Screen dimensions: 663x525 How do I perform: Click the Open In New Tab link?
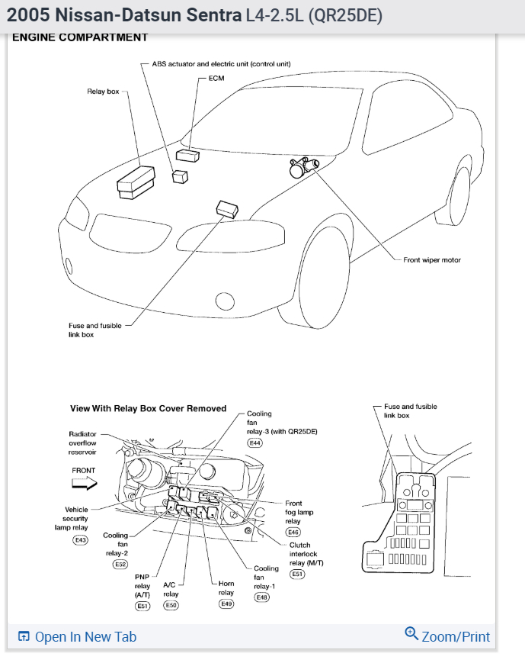point(76,636)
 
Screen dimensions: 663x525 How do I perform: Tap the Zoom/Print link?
point(448,636)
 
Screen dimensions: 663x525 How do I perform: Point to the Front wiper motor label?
point(431,260)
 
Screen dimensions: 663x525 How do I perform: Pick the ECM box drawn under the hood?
point(187,156)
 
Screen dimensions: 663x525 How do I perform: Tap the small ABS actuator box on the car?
point(181,177)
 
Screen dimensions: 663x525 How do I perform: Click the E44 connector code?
point(254,443)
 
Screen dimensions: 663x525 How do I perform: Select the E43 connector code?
point(80,540)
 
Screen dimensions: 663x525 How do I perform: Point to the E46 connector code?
point(293,532)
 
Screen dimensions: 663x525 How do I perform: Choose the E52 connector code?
point(120,564)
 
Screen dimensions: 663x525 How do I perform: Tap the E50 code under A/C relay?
point(171,605)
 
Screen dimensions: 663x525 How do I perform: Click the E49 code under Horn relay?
point(226,603)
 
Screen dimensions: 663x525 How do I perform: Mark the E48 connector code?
point(263,598)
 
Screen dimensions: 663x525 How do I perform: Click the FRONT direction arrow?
point(85,483)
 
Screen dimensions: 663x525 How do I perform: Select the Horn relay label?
point(226,588)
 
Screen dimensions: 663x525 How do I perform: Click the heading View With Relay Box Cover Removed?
point(148,408)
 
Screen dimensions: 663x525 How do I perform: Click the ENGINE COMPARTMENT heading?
point(80,37)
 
